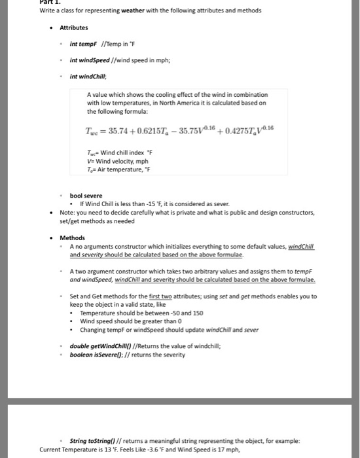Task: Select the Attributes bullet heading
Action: [74, 28]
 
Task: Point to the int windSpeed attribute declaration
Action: [89, 60]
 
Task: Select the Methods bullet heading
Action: [72, 238]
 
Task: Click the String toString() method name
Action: [95, 440]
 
